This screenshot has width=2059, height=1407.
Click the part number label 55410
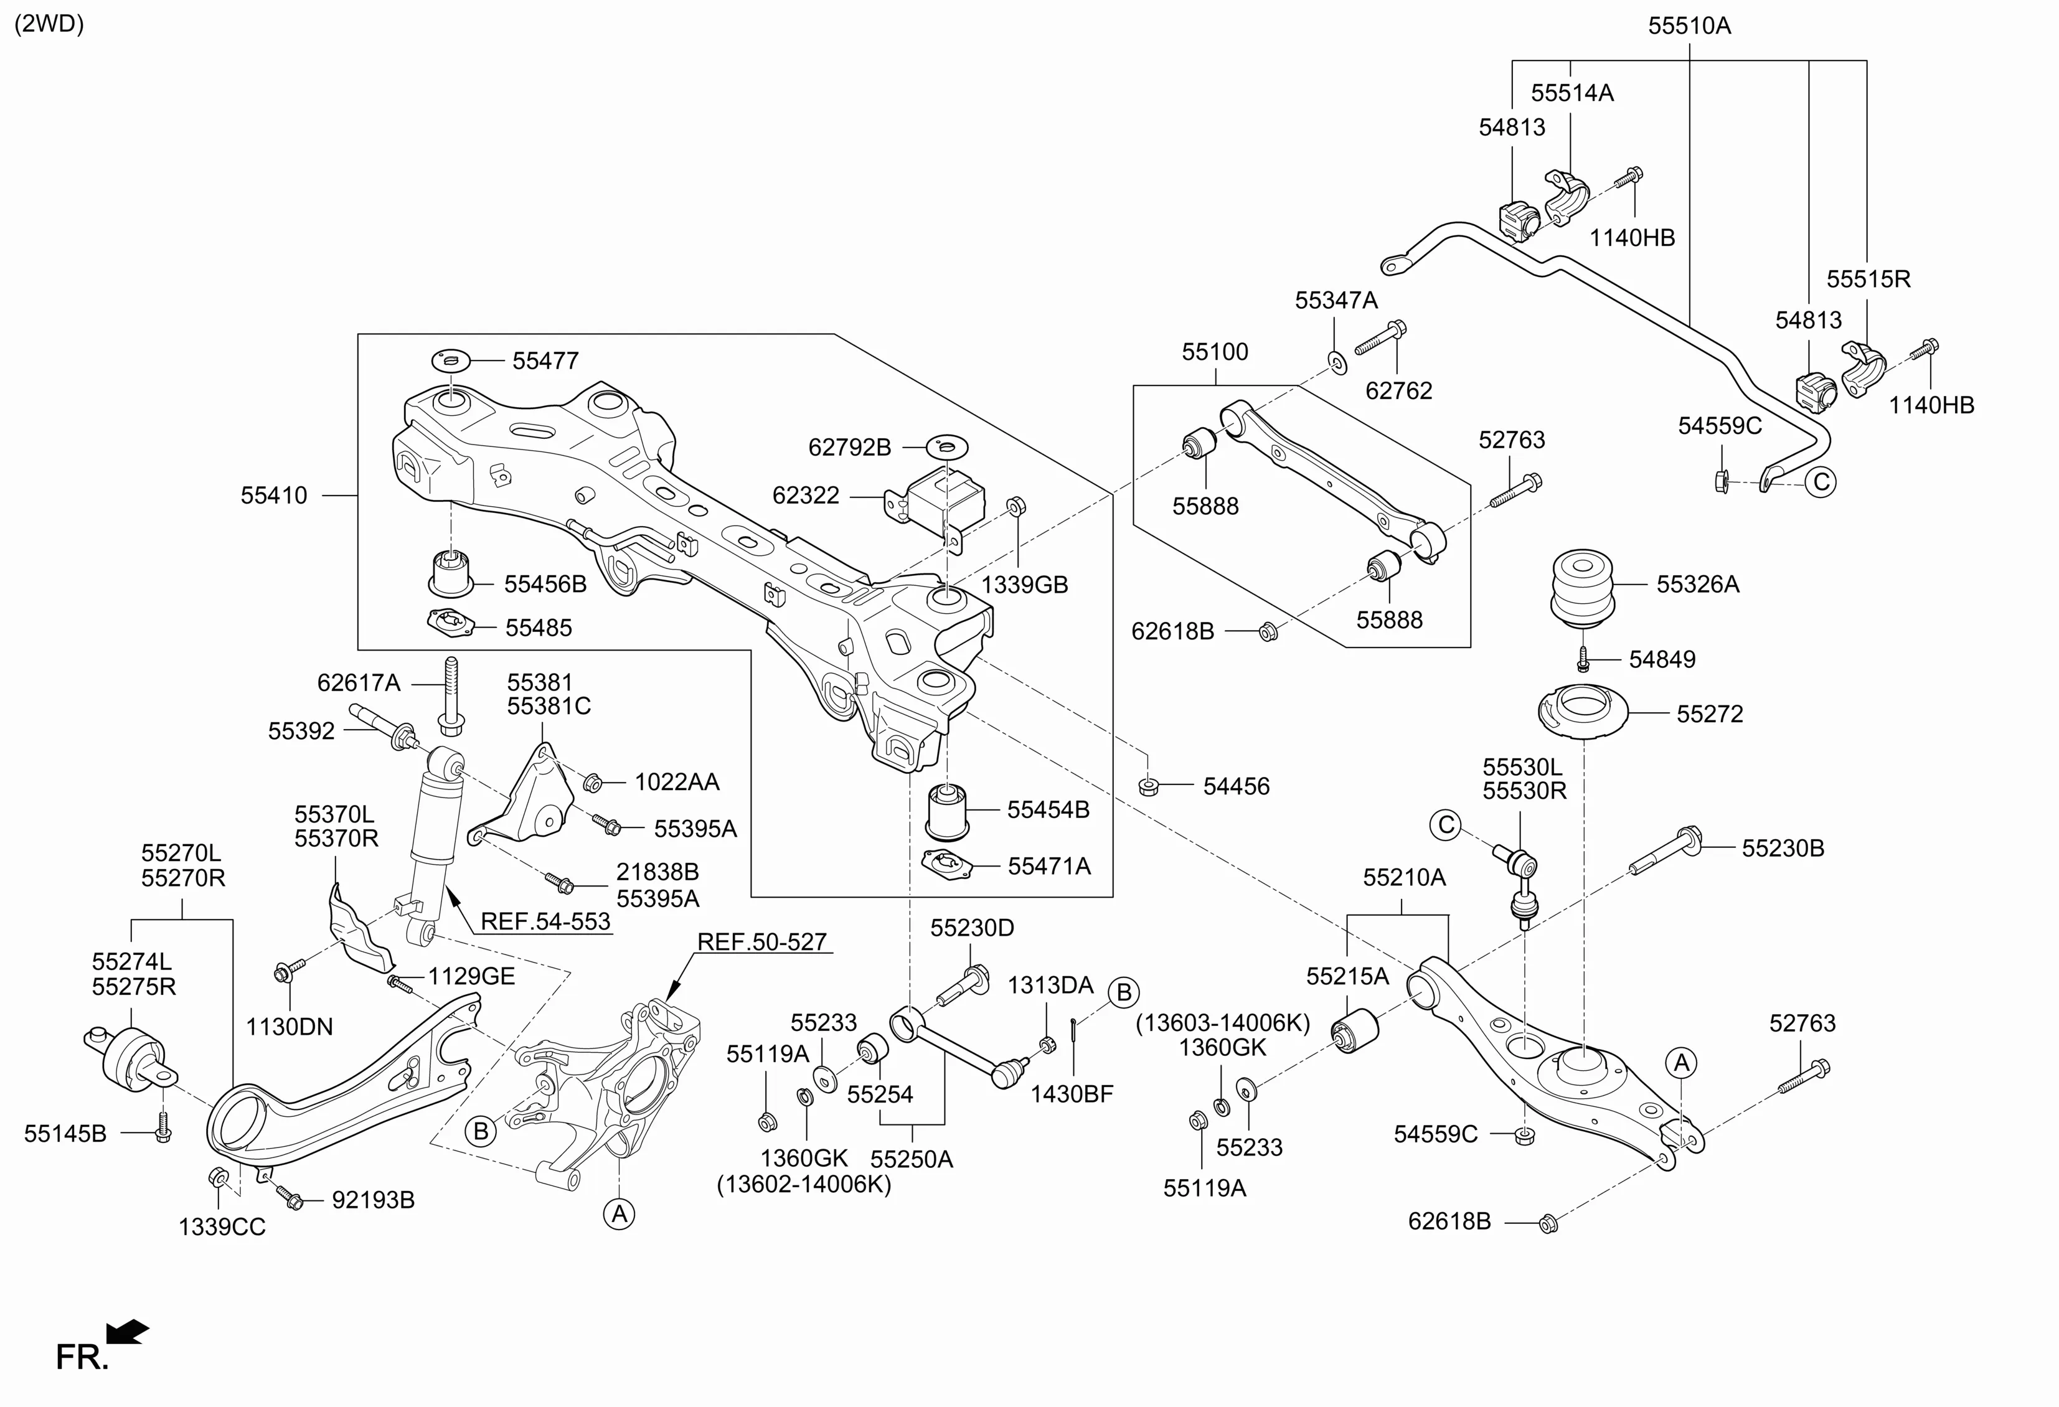coord(274,496)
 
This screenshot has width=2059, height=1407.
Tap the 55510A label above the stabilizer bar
coord(1689,26)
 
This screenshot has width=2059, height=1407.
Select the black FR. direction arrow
coord(128,1331)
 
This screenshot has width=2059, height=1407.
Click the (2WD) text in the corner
coord(50,24)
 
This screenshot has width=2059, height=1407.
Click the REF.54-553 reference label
coord(545,921)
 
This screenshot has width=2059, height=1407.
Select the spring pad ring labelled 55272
coord(1582,712)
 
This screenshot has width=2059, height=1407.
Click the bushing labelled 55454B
coord(947,809)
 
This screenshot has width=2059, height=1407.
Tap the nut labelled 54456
coord(1148,785)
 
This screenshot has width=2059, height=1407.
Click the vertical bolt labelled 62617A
coord(451,695)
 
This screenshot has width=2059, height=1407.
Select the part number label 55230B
coord(1783,848)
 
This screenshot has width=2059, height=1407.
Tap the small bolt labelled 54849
coord(1584,658)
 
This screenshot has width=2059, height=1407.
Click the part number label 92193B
coord(373,1200)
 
